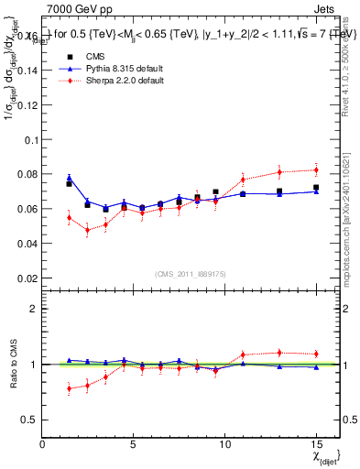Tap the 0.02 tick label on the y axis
click(x=27, y=278)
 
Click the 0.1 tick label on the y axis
click(x=31, y=140)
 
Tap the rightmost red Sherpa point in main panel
click(x=316, y=169)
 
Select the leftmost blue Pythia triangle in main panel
click(x=69, y=178)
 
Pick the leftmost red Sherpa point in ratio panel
click(x=69, y=388)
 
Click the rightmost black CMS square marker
click(x=316, y=188)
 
